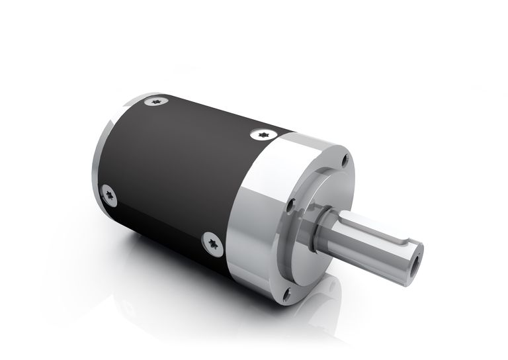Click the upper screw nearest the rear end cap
[x=156, y=101]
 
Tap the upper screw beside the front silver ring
[x=263, y=134]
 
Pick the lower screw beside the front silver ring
[x=212, y=244]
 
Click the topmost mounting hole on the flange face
[x=344, y=159]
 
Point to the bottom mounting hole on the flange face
[x=286, y=296]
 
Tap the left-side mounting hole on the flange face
[x=290, y=206]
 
